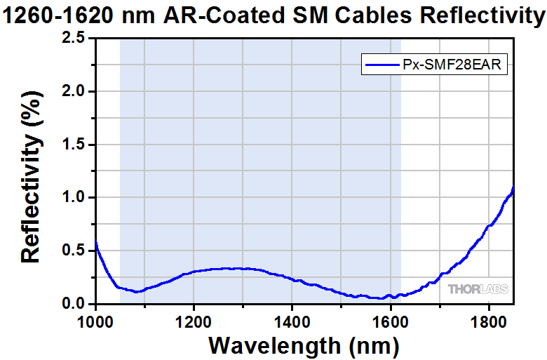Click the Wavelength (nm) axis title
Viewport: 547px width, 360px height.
tap(304, 345)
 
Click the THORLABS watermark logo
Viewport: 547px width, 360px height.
tap(478, 289)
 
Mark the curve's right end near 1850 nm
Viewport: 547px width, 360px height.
tap(513, 188)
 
